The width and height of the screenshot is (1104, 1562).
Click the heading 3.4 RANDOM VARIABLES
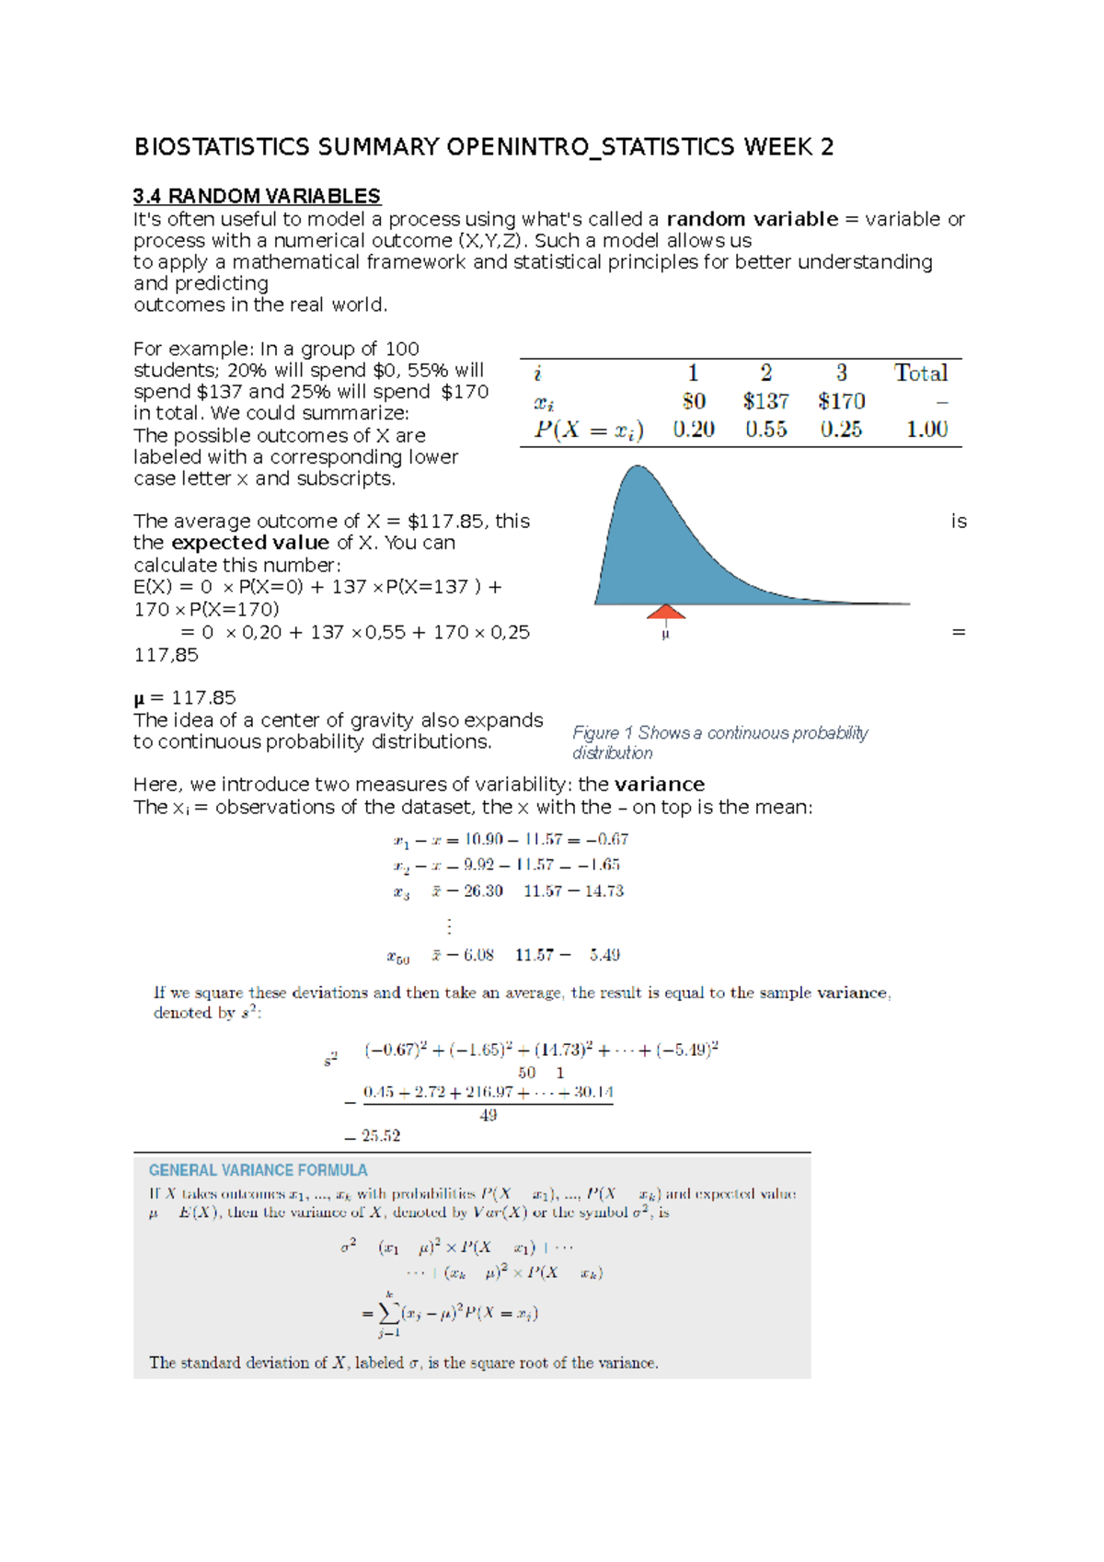[257, 196]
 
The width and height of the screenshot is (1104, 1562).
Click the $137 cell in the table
[765, 401]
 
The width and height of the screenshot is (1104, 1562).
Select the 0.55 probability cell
[765, 430]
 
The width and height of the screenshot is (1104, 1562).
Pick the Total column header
[921, 373]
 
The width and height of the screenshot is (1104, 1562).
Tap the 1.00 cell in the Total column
[926, 430]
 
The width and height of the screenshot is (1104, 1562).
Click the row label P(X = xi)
[589, 430]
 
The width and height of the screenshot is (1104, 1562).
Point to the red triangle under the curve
[665, 613]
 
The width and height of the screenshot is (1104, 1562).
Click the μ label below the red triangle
[665, 634]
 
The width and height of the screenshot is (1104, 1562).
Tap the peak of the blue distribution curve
[637, 468]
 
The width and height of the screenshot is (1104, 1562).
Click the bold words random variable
[752, 219]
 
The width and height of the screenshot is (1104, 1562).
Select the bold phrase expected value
[250, 543]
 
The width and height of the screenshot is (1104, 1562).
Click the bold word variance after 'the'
[659, 785]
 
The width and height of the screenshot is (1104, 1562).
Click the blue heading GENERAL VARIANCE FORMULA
[258, 1170]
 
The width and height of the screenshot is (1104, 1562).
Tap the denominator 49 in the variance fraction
[488, 1115]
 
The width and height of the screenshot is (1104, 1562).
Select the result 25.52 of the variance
[380, 1136]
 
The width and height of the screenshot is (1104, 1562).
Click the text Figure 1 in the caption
[603, 733]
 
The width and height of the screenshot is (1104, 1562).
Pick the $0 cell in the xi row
[694, 401]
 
